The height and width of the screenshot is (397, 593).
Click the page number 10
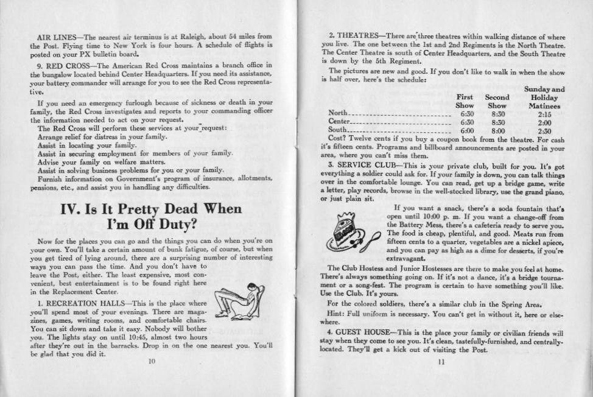tap(152, 360)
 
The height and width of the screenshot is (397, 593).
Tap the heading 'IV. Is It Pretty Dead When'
tap(152, 209)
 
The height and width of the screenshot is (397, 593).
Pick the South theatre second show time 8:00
tap(497, 130)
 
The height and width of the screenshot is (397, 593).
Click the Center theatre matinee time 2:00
tap(544, 122)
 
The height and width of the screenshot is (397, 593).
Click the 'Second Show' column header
tap(497, 101)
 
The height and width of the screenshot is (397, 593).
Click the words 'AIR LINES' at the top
tap(55, 38)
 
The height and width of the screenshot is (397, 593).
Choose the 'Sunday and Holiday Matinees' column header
tap(544, 97)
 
